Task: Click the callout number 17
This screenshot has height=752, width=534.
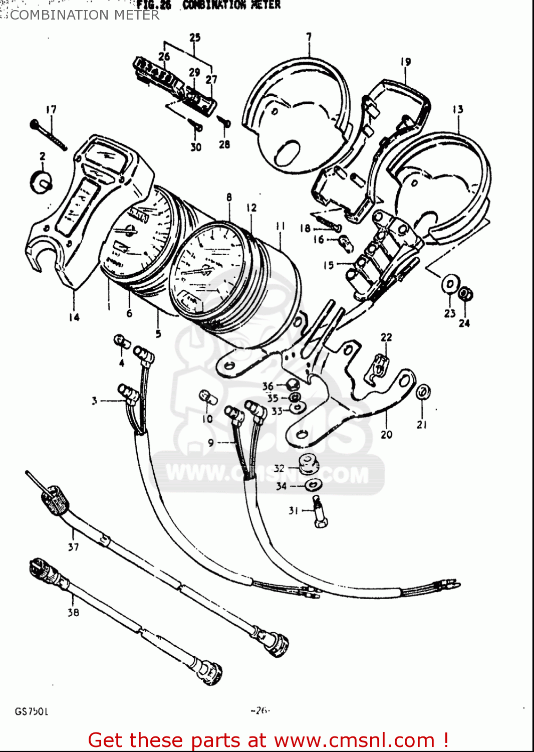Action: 51,109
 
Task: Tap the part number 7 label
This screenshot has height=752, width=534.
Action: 309,37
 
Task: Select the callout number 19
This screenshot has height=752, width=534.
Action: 405,62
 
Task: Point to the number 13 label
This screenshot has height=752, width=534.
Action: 457,109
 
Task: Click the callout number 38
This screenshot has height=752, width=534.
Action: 73,612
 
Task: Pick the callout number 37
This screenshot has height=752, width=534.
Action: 73,547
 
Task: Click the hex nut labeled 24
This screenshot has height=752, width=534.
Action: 465,294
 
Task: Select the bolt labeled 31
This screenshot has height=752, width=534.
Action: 319,511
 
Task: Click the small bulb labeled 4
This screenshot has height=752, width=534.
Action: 122,342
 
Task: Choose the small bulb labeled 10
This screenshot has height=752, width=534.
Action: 207,397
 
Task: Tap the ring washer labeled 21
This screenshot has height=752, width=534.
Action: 423,392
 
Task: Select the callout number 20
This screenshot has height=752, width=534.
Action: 386,435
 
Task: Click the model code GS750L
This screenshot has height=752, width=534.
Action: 31,711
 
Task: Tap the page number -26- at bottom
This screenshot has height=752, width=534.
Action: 260,710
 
